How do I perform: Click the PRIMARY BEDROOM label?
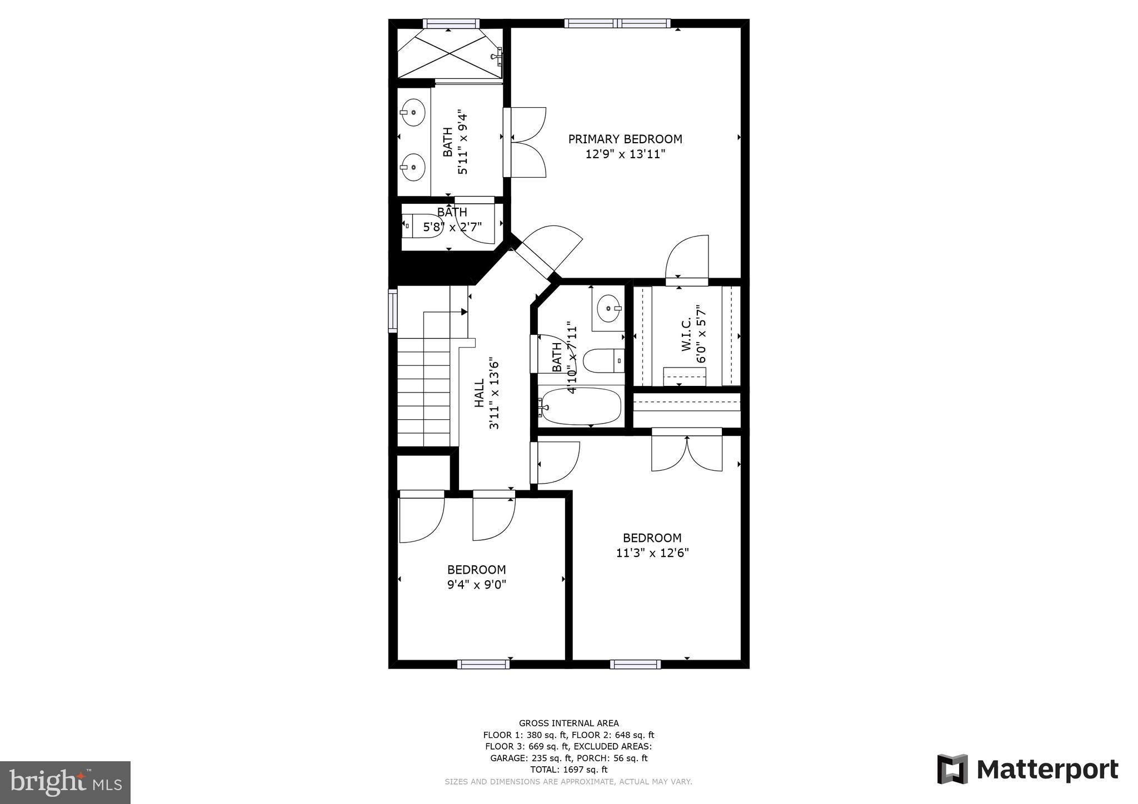[x=625, y=139]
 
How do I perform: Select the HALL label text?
[x=479, y=394]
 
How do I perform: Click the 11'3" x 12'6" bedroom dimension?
[x=652, y=553]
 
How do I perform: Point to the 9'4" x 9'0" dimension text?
[x=477, y=585]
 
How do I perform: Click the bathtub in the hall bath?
[x=581, y=406]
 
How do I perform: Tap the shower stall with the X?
[x=450, y=54]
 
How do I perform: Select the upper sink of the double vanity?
[x=413, y=112]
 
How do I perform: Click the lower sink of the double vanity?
[x=413, y=167]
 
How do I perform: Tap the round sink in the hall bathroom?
[x=608, y=308]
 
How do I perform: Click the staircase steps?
[x=423, y=394]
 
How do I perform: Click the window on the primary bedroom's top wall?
[x=617, y=23]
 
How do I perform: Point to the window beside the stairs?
[x=392, y=311]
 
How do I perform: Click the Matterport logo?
[x=1027, y=770]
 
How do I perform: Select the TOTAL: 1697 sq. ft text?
[x=568, y=770]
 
